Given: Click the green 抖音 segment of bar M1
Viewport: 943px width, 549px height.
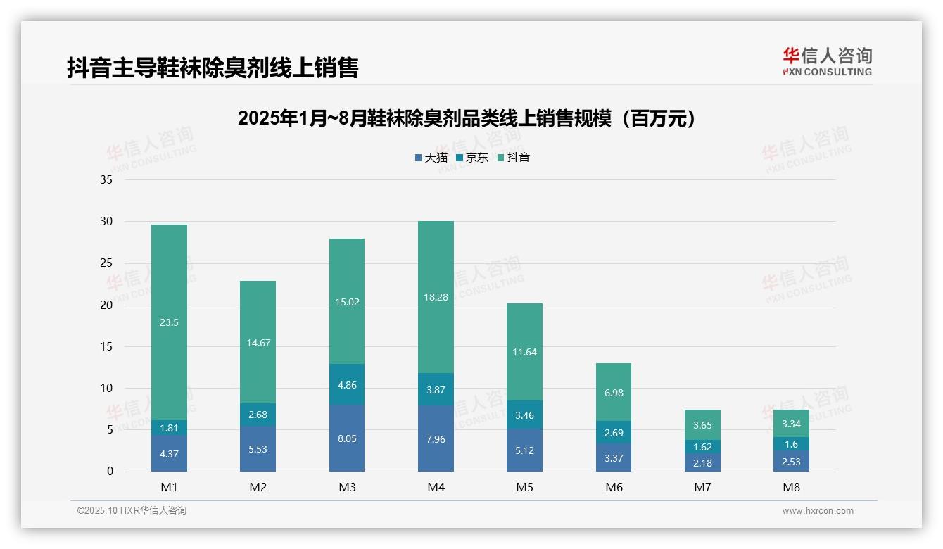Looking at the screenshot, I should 169,322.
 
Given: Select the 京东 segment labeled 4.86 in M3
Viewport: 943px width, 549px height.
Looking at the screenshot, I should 347,384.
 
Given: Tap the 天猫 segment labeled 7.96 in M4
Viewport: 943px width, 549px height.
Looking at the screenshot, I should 436,438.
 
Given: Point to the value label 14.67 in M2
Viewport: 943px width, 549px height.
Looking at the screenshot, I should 258,343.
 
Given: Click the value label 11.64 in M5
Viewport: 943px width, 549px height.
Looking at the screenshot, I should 524,352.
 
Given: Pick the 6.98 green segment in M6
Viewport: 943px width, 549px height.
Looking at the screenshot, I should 614,392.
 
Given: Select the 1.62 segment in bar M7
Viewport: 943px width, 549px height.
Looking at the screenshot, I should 702,446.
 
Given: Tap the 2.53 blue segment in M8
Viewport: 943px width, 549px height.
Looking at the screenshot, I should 791,461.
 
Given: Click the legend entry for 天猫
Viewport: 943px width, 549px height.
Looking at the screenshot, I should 431,158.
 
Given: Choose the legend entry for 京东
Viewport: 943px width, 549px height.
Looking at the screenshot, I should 472,158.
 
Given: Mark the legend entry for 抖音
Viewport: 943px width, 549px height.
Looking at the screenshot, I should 514,158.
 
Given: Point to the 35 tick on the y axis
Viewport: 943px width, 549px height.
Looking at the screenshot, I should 106,180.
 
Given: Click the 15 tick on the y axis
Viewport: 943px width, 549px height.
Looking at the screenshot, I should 106,346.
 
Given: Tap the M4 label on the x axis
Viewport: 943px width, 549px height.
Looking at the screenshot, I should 436,487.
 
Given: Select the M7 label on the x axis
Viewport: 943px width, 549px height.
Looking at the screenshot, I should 702,487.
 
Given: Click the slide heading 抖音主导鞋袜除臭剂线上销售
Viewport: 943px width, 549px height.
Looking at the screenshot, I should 213,68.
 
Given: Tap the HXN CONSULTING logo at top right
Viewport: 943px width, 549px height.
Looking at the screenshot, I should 827,62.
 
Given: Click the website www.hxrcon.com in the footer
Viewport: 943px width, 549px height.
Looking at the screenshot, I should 818,511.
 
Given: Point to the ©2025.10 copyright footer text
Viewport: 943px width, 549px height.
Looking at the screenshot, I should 132,511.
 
